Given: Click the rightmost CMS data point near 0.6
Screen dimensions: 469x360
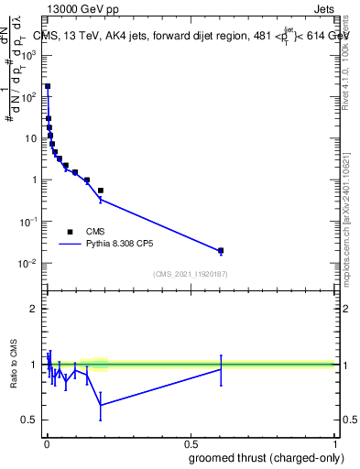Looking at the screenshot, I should point(221,250).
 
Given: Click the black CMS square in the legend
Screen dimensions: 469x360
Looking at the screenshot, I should point(71,232).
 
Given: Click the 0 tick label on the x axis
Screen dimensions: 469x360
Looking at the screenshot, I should point(46,443).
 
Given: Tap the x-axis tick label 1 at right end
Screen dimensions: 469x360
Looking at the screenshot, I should point(336,443).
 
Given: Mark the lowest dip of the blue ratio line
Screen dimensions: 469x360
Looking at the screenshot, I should point(101,405).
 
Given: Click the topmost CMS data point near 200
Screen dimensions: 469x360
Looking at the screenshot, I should point(48,86).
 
